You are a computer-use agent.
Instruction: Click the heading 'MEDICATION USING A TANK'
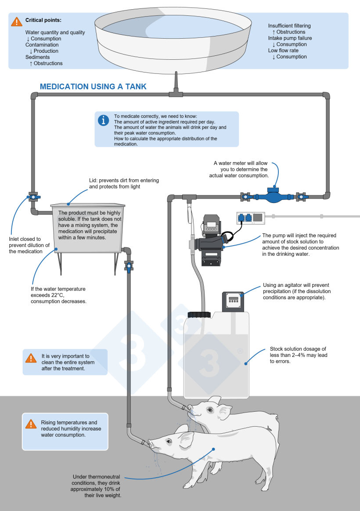pyautogui.click(x=93, y=87)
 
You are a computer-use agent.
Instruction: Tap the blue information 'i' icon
pyautogui.click(x=104, y=120)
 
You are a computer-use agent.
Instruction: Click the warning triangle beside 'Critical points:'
pyautogui.click(x=17, y=22)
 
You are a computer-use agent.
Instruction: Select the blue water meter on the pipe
pyautogui.click(x=271, y=196)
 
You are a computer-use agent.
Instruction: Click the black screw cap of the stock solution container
pyautogui.click(x=199, y=315)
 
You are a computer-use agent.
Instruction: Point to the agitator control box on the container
pyautogui.click(x=233, y=301)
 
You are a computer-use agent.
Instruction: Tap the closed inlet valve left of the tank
pyautogui.click(x=33, y=197)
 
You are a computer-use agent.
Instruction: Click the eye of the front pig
pyautogui.click(x=169, y=441)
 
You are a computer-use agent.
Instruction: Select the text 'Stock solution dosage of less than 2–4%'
pyautogui.click(x=298, y=352)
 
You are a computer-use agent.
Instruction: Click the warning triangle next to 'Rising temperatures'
pyautogui.click(x=31, y=424)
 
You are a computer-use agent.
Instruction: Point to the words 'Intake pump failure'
pyautogui.click(x=290, y=38)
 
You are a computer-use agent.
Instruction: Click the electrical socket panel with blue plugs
pyautogui.click(x=250, y=217)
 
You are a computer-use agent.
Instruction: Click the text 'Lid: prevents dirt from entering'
pyautogui.click(x=124, y=180)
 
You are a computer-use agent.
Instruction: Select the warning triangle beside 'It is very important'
pyautogui.click(x=31, y=358)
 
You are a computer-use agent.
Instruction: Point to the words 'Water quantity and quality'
pyautogui.click(x=55, y=32)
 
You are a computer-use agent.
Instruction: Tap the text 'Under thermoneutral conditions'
pyautogui.click(x=96, y=480)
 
